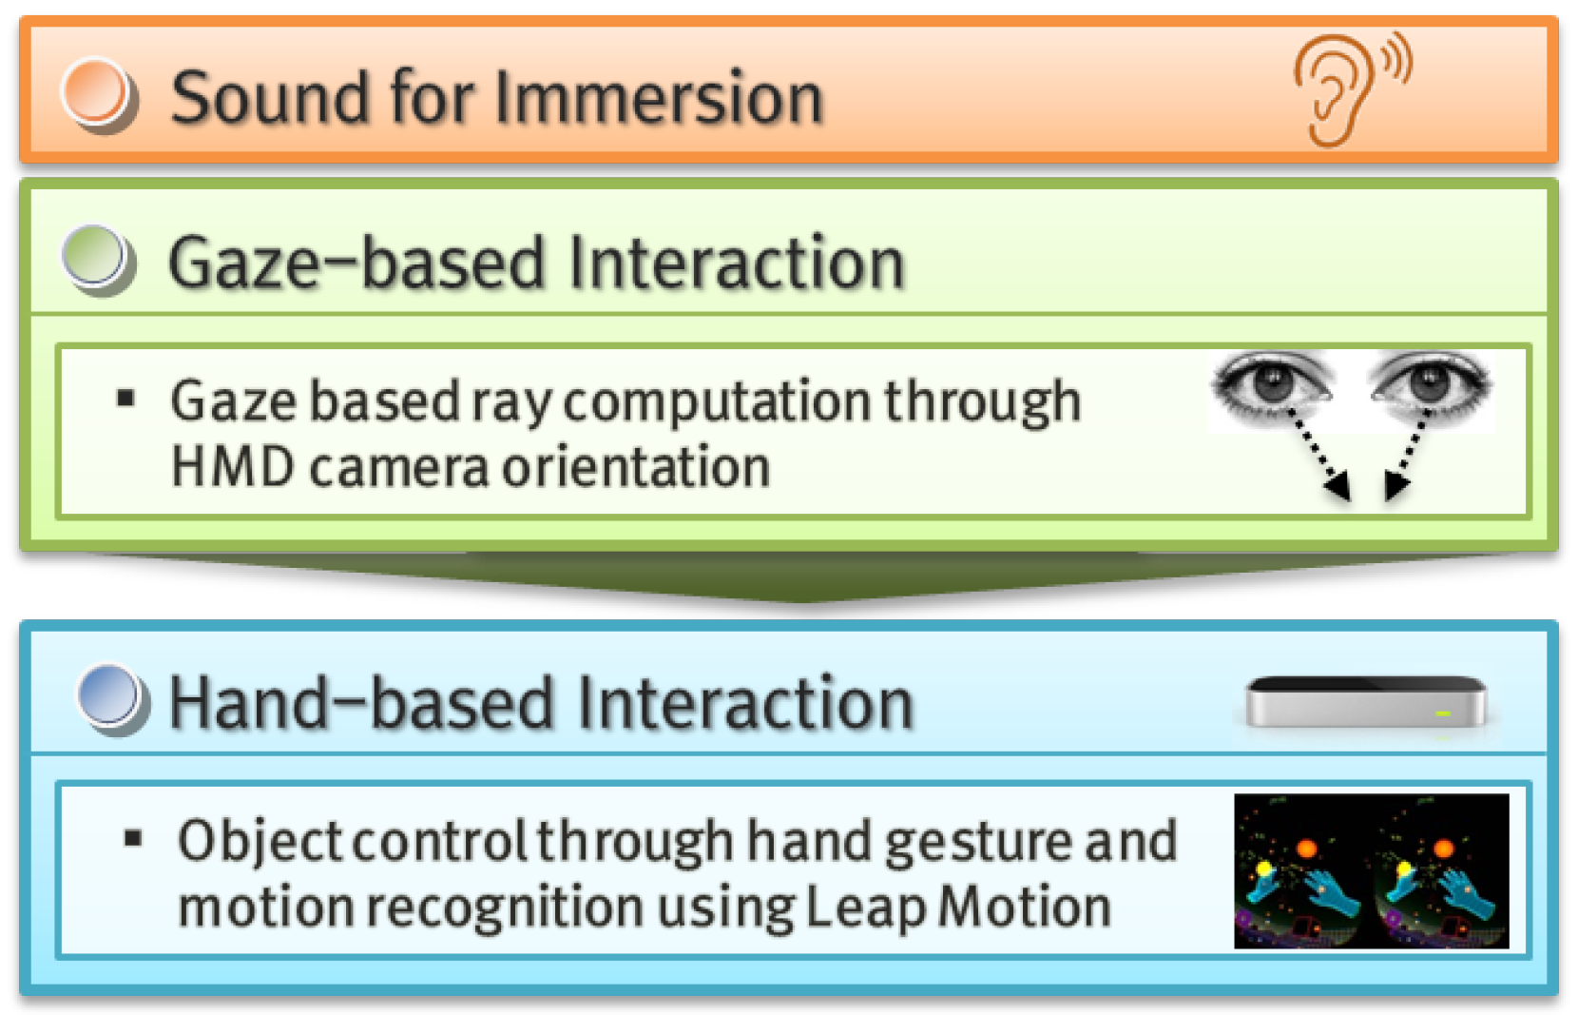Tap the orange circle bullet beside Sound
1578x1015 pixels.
pyautogui.click(x=97, y=95)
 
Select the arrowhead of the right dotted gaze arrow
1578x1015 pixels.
pyautogui.click(x=1395, y=485)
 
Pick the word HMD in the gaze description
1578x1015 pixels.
pyautogui.click(x=232, y=467)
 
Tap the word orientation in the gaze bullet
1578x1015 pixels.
pyautogui.click(x=635, y=467)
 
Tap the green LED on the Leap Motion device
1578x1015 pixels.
pyautogui.click(x=1443, y=712)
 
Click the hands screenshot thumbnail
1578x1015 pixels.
pyautogui.click(x=1371, y=870)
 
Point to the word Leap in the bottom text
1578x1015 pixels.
pyautogui.click(x=865, y=907)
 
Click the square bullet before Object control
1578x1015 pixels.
pyautogui.click(x=133, y=838)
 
